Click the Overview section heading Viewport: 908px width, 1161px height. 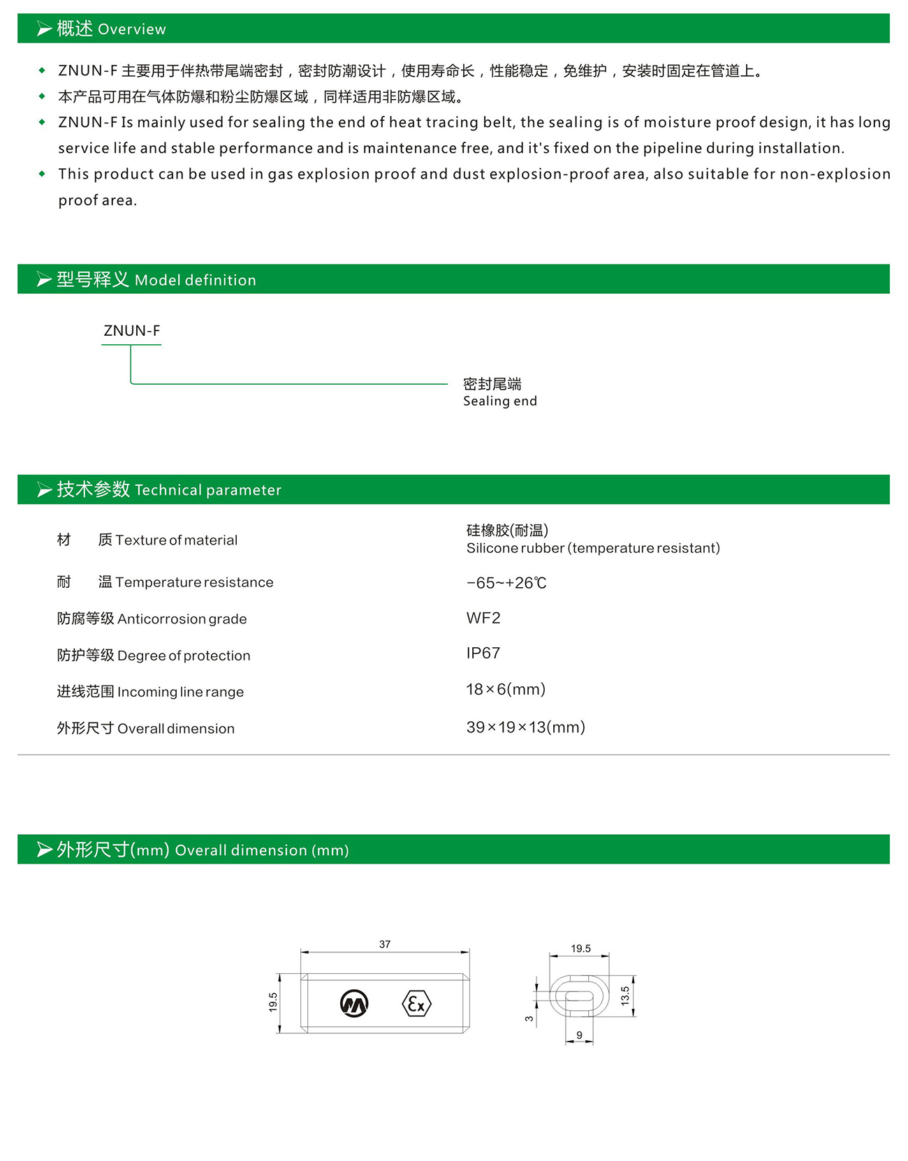[111, 29]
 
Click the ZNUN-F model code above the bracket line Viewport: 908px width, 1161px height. [131, 331]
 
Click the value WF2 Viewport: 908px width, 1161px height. [483, 618]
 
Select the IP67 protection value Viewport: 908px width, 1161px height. [483, 653]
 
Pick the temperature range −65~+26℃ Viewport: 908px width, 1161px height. [506, 583]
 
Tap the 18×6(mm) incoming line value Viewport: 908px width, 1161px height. [506, 690]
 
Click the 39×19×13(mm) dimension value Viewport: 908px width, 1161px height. [525, 727]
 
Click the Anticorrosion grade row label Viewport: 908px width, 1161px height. [152, 619]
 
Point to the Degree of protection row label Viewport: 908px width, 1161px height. [153, 656]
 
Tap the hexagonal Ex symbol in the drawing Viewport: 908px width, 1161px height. [417, 1004]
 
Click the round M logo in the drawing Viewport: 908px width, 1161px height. [354, 1004]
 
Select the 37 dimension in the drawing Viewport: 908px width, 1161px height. [385, 945]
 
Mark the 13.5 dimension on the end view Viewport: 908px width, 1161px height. [625, 995]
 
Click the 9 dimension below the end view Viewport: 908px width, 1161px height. [579, 1035]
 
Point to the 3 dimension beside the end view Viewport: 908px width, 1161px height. [529, 1019]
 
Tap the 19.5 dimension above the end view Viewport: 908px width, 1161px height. [580, 949]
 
